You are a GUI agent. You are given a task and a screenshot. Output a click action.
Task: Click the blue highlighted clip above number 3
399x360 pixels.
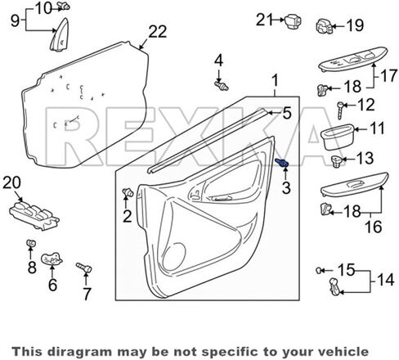(282, 163)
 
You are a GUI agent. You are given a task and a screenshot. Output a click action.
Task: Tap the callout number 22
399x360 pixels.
(157, 32)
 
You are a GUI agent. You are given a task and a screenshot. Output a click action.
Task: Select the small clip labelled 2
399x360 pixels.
(128, 192)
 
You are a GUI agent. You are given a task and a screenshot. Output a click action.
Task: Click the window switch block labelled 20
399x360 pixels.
(34, 214)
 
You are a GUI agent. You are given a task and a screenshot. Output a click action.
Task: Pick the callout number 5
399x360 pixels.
(287, 113)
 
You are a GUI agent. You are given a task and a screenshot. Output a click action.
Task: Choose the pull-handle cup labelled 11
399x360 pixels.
(338, 137)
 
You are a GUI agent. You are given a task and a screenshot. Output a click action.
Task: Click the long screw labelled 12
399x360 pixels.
(340, 110)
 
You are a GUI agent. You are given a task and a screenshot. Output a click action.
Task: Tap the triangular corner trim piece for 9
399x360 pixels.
(60, 35)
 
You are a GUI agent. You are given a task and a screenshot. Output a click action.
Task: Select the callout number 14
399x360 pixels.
(385, 280)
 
